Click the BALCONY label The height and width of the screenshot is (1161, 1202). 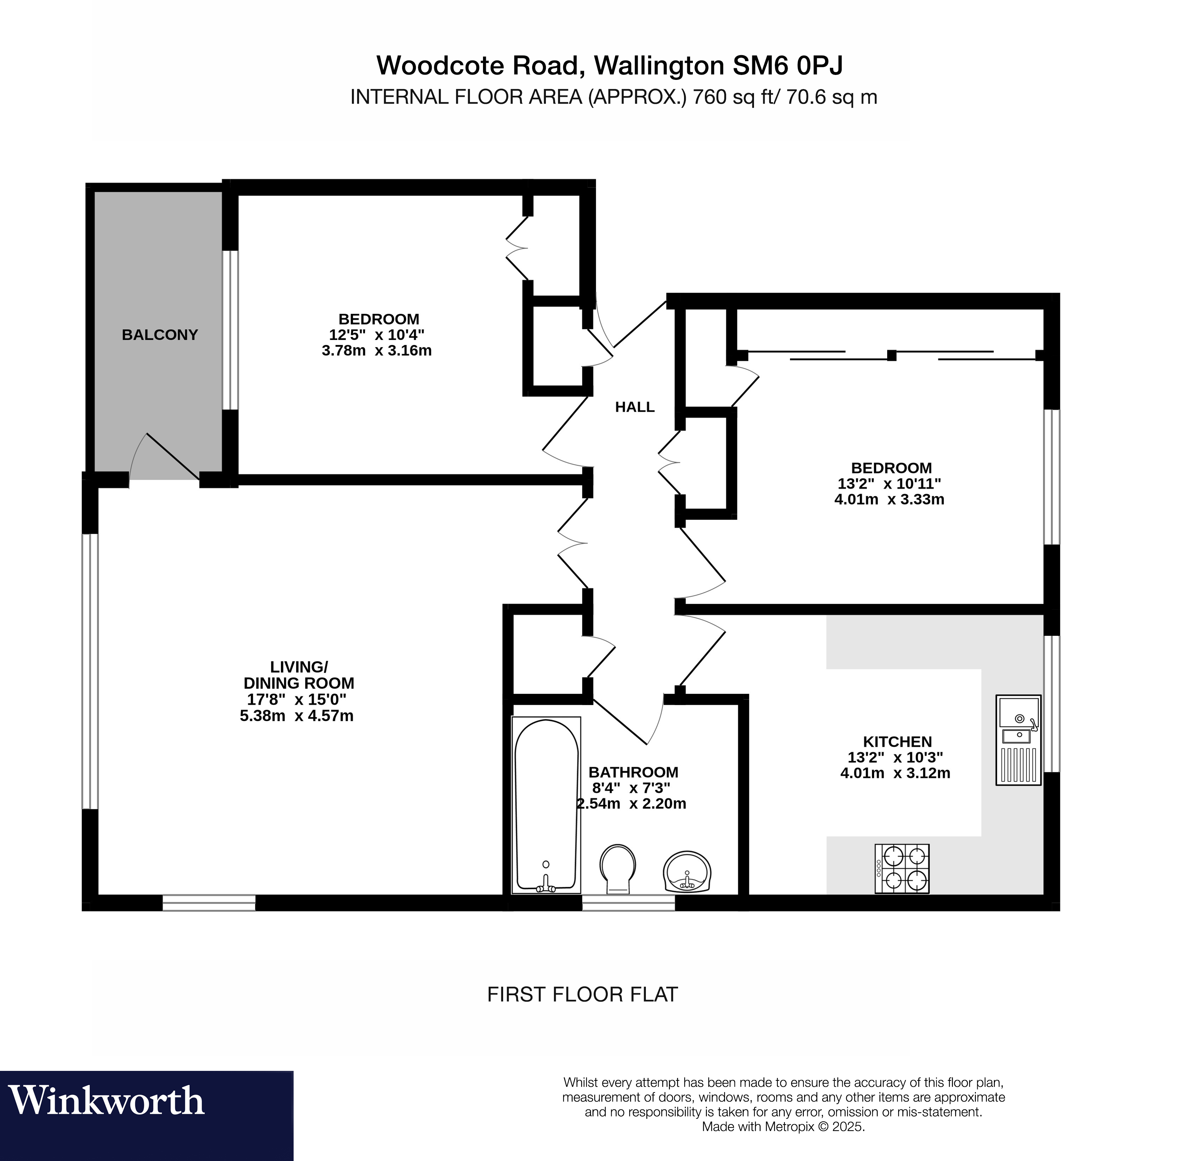click(159, 335)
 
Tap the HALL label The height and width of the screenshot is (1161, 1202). click(635, 407)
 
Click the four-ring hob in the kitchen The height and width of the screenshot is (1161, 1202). click(902, 868)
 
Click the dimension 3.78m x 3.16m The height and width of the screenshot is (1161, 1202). click(377, 351)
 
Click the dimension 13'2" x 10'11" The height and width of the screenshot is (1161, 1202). click(889, 483)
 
